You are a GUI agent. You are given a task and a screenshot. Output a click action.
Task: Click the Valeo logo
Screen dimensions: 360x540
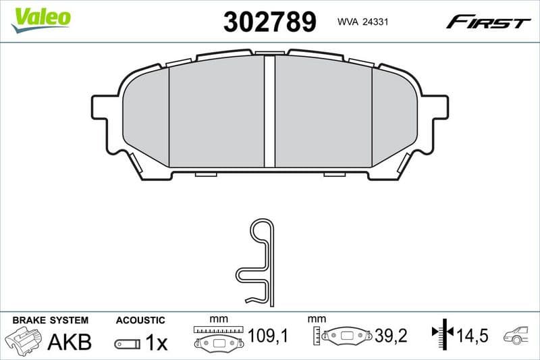pyautogui.click(x=41, y=18)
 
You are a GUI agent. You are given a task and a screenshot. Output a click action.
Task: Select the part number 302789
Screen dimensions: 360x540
pyautogui.click(x=269, y=22)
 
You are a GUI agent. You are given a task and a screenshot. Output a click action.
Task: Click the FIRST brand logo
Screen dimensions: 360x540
pyautogui.click(x=488, y=22)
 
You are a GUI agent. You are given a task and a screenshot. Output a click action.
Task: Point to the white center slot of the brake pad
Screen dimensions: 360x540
pyautogui.click(x=269, y=111)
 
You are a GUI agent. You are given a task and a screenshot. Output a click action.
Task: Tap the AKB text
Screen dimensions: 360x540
pyautogui.click(x=69, y=342)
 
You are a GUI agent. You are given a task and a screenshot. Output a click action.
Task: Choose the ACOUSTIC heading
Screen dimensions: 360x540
pyautogui.click(x=140, y=320)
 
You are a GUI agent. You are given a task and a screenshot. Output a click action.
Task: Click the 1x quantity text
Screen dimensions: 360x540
pyautogui.click(x=156, y=343)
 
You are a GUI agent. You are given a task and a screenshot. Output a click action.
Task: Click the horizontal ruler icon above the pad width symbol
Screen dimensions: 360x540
pyautogui.click(x=218, y=330)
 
